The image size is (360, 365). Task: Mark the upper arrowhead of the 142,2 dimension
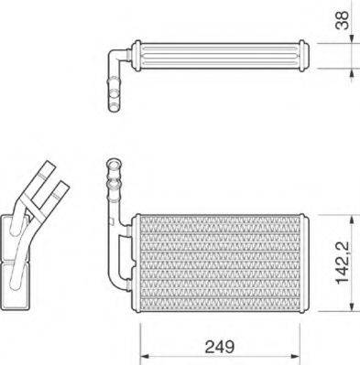pyautogui.click(x=350, y=219)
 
